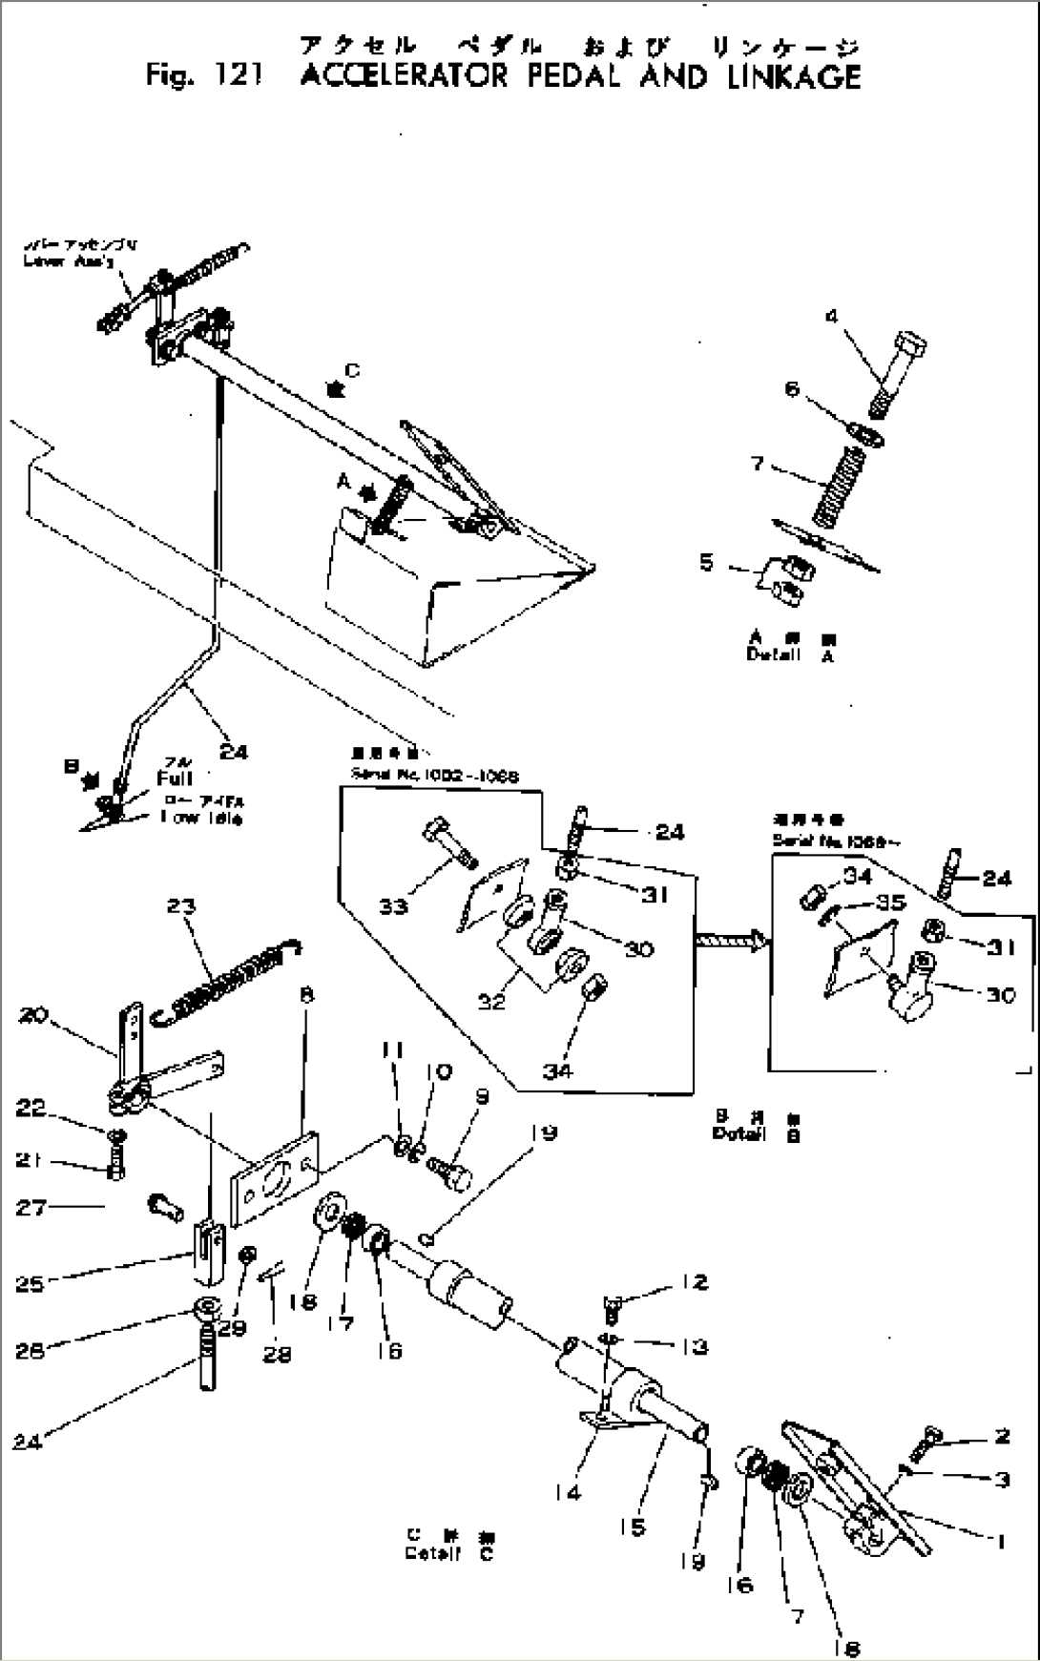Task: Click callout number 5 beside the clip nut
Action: pyautogui.click(x=706, y=561)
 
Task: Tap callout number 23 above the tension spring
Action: pyautogui.click(x=181, y=906)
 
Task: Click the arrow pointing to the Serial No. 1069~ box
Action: pyautogui.click(x=731, y=941)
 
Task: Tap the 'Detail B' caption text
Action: pyautogui.click(x=755, y=1134)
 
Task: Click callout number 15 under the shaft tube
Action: pyautogui.click(x=631, y=1526)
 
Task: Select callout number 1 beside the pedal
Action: pyautogui.click(x=999, y=1541)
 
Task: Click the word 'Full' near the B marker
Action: pyautogui.click(x=176, y=779)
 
